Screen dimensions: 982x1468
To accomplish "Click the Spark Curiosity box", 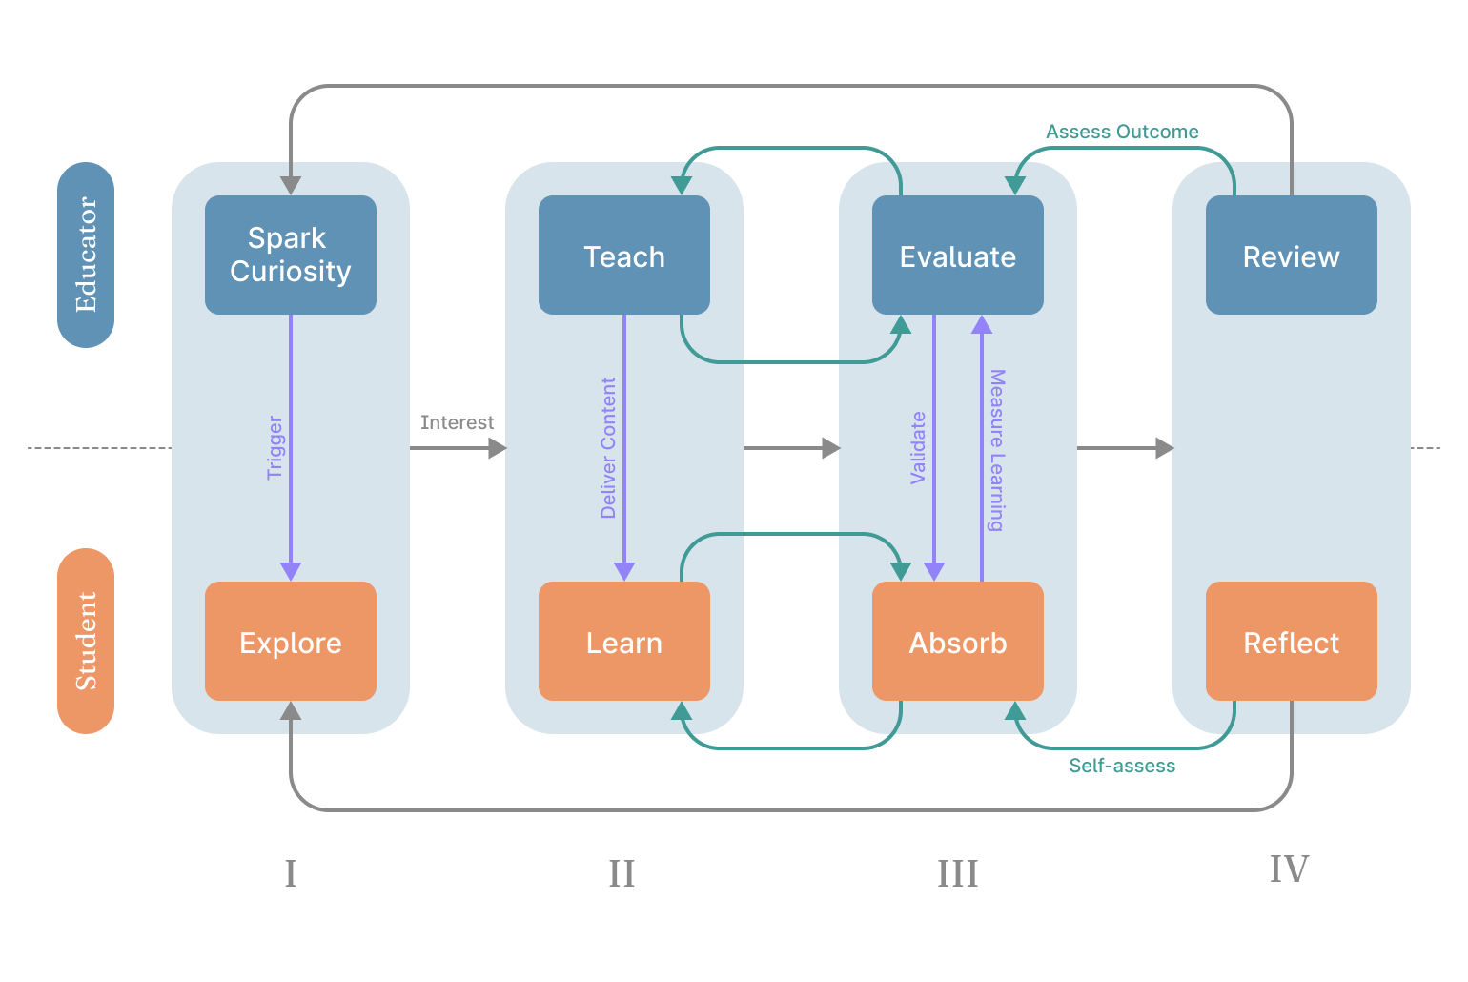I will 291,255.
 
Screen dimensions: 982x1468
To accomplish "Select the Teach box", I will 624,255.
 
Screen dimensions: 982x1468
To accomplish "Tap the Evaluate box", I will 958,255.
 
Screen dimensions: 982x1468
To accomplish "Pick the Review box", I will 1292,255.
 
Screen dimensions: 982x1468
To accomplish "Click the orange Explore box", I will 291,642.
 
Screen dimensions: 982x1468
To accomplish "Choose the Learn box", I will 624,642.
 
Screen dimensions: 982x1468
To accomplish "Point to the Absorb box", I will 958,642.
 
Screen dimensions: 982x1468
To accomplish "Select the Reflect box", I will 1292,642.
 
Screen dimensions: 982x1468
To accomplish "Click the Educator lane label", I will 86,255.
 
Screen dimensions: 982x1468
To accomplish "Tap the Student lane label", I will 86,641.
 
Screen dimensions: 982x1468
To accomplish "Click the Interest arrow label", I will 457,422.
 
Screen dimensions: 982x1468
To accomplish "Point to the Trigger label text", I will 275,447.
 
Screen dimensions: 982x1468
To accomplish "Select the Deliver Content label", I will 608,447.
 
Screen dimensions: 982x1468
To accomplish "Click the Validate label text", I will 918,447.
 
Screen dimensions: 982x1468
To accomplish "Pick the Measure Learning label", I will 997,449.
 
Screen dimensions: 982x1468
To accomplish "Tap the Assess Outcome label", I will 1122,132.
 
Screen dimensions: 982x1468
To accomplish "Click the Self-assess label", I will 1122,766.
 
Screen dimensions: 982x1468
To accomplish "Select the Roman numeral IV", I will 1289,869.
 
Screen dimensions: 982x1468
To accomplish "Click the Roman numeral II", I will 622,873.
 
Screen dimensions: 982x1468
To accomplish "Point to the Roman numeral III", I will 957,873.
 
